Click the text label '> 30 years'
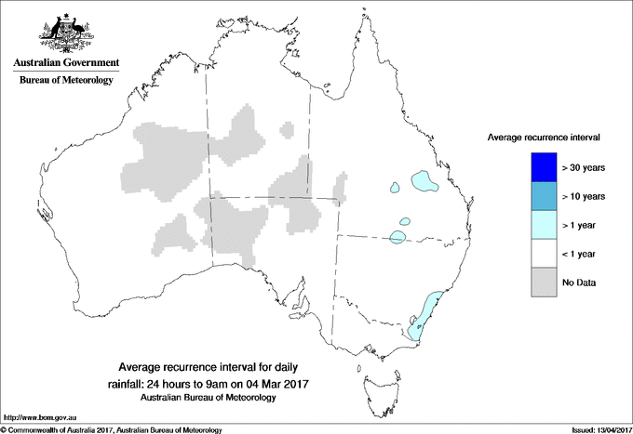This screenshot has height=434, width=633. coord(584,168)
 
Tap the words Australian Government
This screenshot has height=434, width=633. coord(62,63)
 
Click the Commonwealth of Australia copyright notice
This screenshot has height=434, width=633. coord(112,429)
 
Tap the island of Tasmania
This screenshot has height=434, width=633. coord(373,379)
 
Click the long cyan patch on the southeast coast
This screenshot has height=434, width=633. coord(424,313)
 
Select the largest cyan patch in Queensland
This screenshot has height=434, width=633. coord(425,180)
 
